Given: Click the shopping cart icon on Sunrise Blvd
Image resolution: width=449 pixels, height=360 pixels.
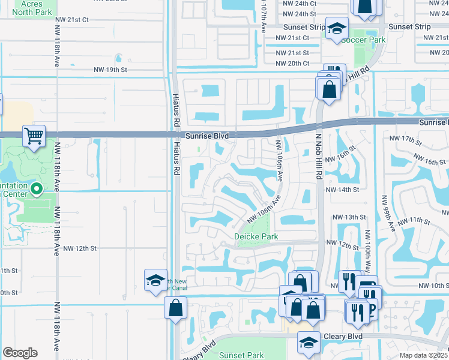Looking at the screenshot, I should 34,136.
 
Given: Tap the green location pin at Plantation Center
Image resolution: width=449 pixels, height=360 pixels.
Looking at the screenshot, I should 36,190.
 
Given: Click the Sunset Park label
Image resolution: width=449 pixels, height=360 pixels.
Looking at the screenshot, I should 241,355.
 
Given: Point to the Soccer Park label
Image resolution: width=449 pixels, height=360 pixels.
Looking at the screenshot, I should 363,40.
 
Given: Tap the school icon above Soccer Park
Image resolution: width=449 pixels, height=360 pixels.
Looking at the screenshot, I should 337,28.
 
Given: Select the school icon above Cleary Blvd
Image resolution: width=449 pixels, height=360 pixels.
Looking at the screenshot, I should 309,342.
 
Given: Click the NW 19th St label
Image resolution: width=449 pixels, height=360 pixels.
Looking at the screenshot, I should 110,70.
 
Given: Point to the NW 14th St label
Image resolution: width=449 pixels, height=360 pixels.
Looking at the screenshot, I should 342,190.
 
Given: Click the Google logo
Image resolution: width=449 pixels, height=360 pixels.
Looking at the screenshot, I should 20,353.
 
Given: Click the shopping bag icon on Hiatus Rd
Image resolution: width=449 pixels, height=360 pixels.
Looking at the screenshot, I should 175,308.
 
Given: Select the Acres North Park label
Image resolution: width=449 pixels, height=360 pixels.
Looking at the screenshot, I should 36,7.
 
